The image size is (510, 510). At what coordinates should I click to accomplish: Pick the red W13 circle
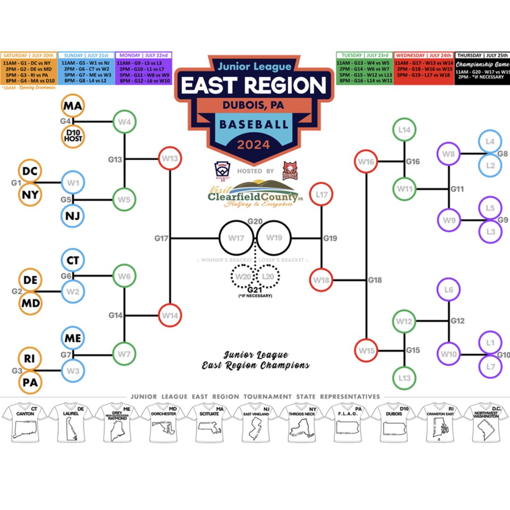pyautogui.click(x=170, y=159)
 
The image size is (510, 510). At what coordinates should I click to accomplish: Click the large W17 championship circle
pyautogui.click(x=236, y=238)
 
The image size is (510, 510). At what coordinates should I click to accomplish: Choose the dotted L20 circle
pyautogui.click(x=267, y=275)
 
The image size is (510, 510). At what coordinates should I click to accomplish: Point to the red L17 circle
pyautogui.click(x=322, y=194)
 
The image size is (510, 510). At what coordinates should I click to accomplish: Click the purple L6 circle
pyautogui.click(x=449, y=289)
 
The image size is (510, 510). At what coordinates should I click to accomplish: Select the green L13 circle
pyautogui.click(x=405, y=378)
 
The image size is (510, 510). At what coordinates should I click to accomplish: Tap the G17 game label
pyautogui.click(x=161, y=238)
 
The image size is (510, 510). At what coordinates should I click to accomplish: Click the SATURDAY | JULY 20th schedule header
pyautogui.click(x=29, y=55)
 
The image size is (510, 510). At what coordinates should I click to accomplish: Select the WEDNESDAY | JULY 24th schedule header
pyautogui.click(x=423, y=55)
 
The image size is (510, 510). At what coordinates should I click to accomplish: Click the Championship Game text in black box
pyautogui.click(x=482, y=64)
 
